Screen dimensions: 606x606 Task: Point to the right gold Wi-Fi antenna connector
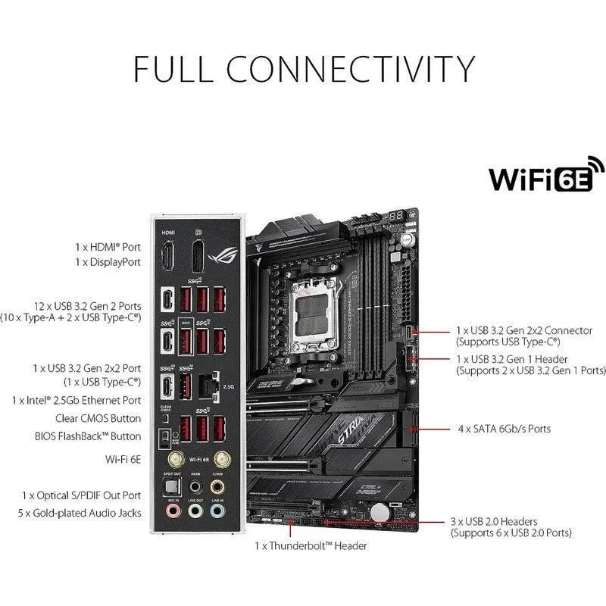(222, 459)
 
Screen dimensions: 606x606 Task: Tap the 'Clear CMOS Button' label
(98, 418)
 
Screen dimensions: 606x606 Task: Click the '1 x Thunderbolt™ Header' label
(311, 545)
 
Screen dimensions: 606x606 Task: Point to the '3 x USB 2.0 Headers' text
(494, 521)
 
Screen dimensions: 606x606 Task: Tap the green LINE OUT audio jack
(196, 511)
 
